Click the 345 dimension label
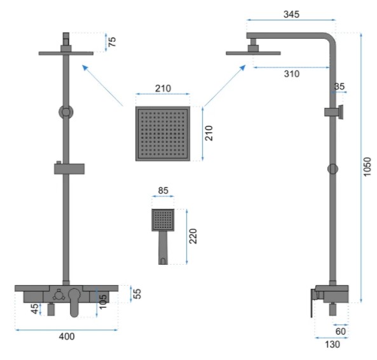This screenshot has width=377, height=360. (291, 15)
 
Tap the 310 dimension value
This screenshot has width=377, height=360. (292, 74)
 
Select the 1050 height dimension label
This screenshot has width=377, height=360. (367, 167)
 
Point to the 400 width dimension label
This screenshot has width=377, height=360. (67, 337)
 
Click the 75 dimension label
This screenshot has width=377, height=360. (112, 42)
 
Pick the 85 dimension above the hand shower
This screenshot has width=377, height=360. (163, 190)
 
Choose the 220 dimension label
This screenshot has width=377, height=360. (193, 236)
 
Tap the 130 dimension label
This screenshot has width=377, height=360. (332, 344)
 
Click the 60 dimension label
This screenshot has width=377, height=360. (341, 331)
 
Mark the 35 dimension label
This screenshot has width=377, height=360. (339, 86)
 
